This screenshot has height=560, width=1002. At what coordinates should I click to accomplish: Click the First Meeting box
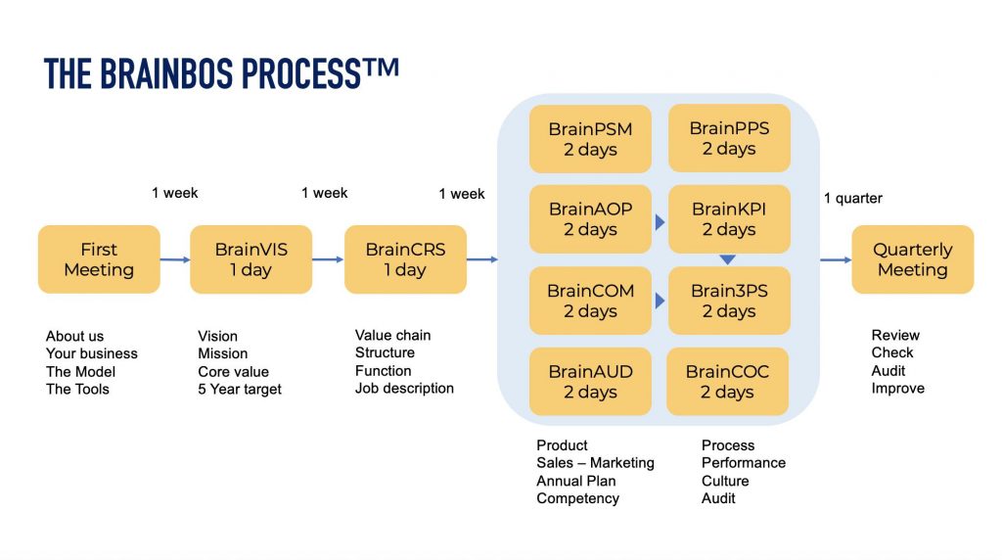[x=99, y=259]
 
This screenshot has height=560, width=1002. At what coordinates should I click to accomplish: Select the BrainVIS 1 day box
[x=250, y=259]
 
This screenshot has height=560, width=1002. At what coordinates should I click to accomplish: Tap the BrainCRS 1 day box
[x=405, y=259]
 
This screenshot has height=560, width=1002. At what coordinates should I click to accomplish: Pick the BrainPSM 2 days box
[x=590, y=139]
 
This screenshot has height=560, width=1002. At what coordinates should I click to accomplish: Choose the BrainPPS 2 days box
[x=728, y=139]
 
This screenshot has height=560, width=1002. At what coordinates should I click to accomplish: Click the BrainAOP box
[x=590, y=219]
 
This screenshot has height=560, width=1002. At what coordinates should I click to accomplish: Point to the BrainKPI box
[x=728, y=219]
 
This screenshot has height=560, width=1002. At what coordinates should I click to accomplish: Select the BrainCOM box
[x=590, y=301]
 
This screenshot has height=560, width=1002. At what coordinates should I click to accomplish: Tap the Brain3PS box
[x=728, y=301]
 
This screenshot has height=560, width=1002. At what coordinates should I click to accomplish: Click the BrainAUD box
[x=590, y=382]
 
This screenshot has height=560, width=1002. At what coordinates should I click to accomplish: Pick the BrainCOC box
[x=728, y=382]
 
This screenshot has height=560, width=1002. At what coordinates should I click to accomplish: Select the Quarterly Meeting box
[x=912, y=259]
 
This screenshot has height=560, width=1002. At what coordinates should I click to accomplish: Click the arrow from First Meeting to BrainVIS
[x=175, y=259]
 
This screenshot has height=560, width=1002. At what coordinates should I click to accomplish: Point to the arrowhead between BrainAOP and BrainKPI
[x=660, y=223]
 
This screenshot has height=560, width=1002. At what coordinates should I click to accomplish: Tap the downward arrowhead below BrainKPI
[x=728, y=259]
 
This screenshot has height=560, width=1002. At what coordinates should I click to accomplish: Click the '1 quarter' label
[x=852, y=199]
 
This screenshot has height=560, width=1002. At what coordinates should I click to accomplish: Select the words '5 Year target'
[x=240, y=390]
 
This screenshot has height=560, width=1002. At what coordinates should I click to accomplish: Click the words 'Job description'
[x=404, y=389]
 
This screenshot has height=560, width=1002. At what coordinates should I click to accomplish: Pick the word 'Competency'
[x=577, y=498]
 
